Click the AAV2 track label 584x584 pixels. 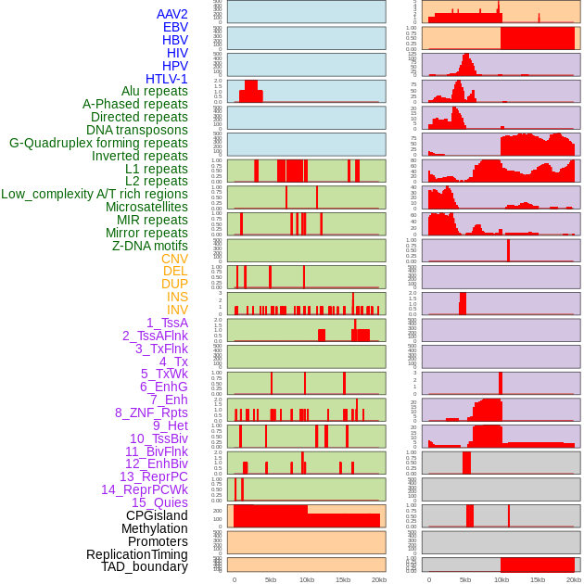click(x=172, y=14)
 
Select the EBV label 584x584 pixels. click(x=175, y=27)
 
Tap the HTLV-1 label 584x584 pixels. click(x=167, y=79)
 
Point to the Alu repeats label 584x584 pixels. click(x=155, y=91)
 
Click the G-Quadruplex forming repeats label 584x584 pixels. click(x=98, y=143)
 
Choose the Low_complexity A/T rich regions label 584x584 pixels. click(x=95, y=194)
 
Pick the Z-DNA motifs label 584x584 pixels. click(x=150, y=246)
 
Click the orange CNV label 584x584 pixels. click(x=174, y=259)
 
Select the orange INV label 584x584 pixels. click(x=177, y=310)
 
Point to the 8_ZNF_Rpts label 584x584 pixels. click(x=151, y=413)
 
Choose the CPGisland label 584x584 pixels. click(x=157, y=515)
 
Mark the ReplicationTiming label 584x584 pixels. click(x=137, y=554)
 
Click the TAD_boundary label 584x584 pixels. click(x=145, y=566)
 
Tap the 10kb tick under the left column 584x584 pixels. click(x=307, y=579)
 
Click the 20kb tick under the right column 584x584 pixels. click(x=574, y=579)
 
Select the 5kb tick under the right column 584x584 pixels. click(x=465, y=579)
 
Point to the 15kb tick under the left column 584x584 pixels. click(x=343, y=579)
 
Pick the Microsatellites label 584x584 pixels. click(x=146, y=207)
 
